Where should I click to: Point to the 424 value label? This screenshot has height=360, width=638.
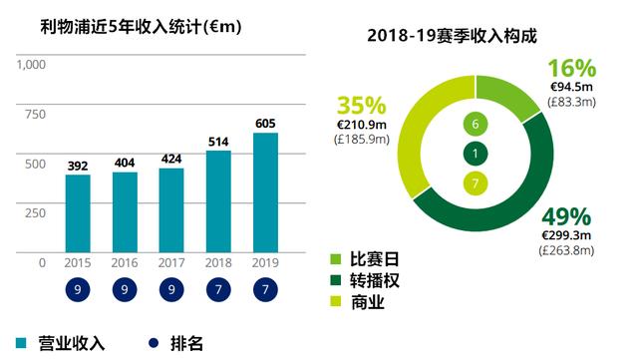click(171, 159)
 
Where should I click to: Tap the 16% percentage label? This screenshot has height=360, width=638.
click(572, 69)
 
